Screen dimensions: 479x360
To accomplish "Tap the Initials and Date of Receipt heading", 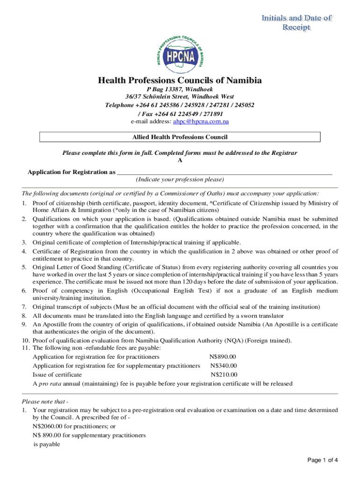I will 297,23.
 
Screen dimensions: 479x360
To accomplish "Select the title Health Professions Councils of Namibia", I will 180,80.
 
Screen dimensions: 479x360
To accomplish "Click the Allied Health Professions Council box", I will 180,137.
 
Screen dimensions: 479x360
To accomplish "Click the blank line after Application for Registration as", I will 224,172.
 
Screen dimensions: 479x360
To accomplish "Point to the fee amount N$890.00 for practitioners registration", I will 224,357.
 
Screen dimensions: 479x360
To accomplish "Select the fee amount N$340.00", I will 223,366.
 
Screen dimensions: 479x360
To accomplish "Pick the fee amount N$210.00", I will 224,375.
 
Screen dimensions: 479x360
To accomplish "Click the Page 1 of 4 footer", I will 323,460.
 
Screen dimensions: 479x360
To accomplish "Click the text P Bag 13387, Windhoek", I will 180,89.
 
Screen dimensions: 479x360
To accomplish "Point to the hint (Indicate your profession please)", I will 180,180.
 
